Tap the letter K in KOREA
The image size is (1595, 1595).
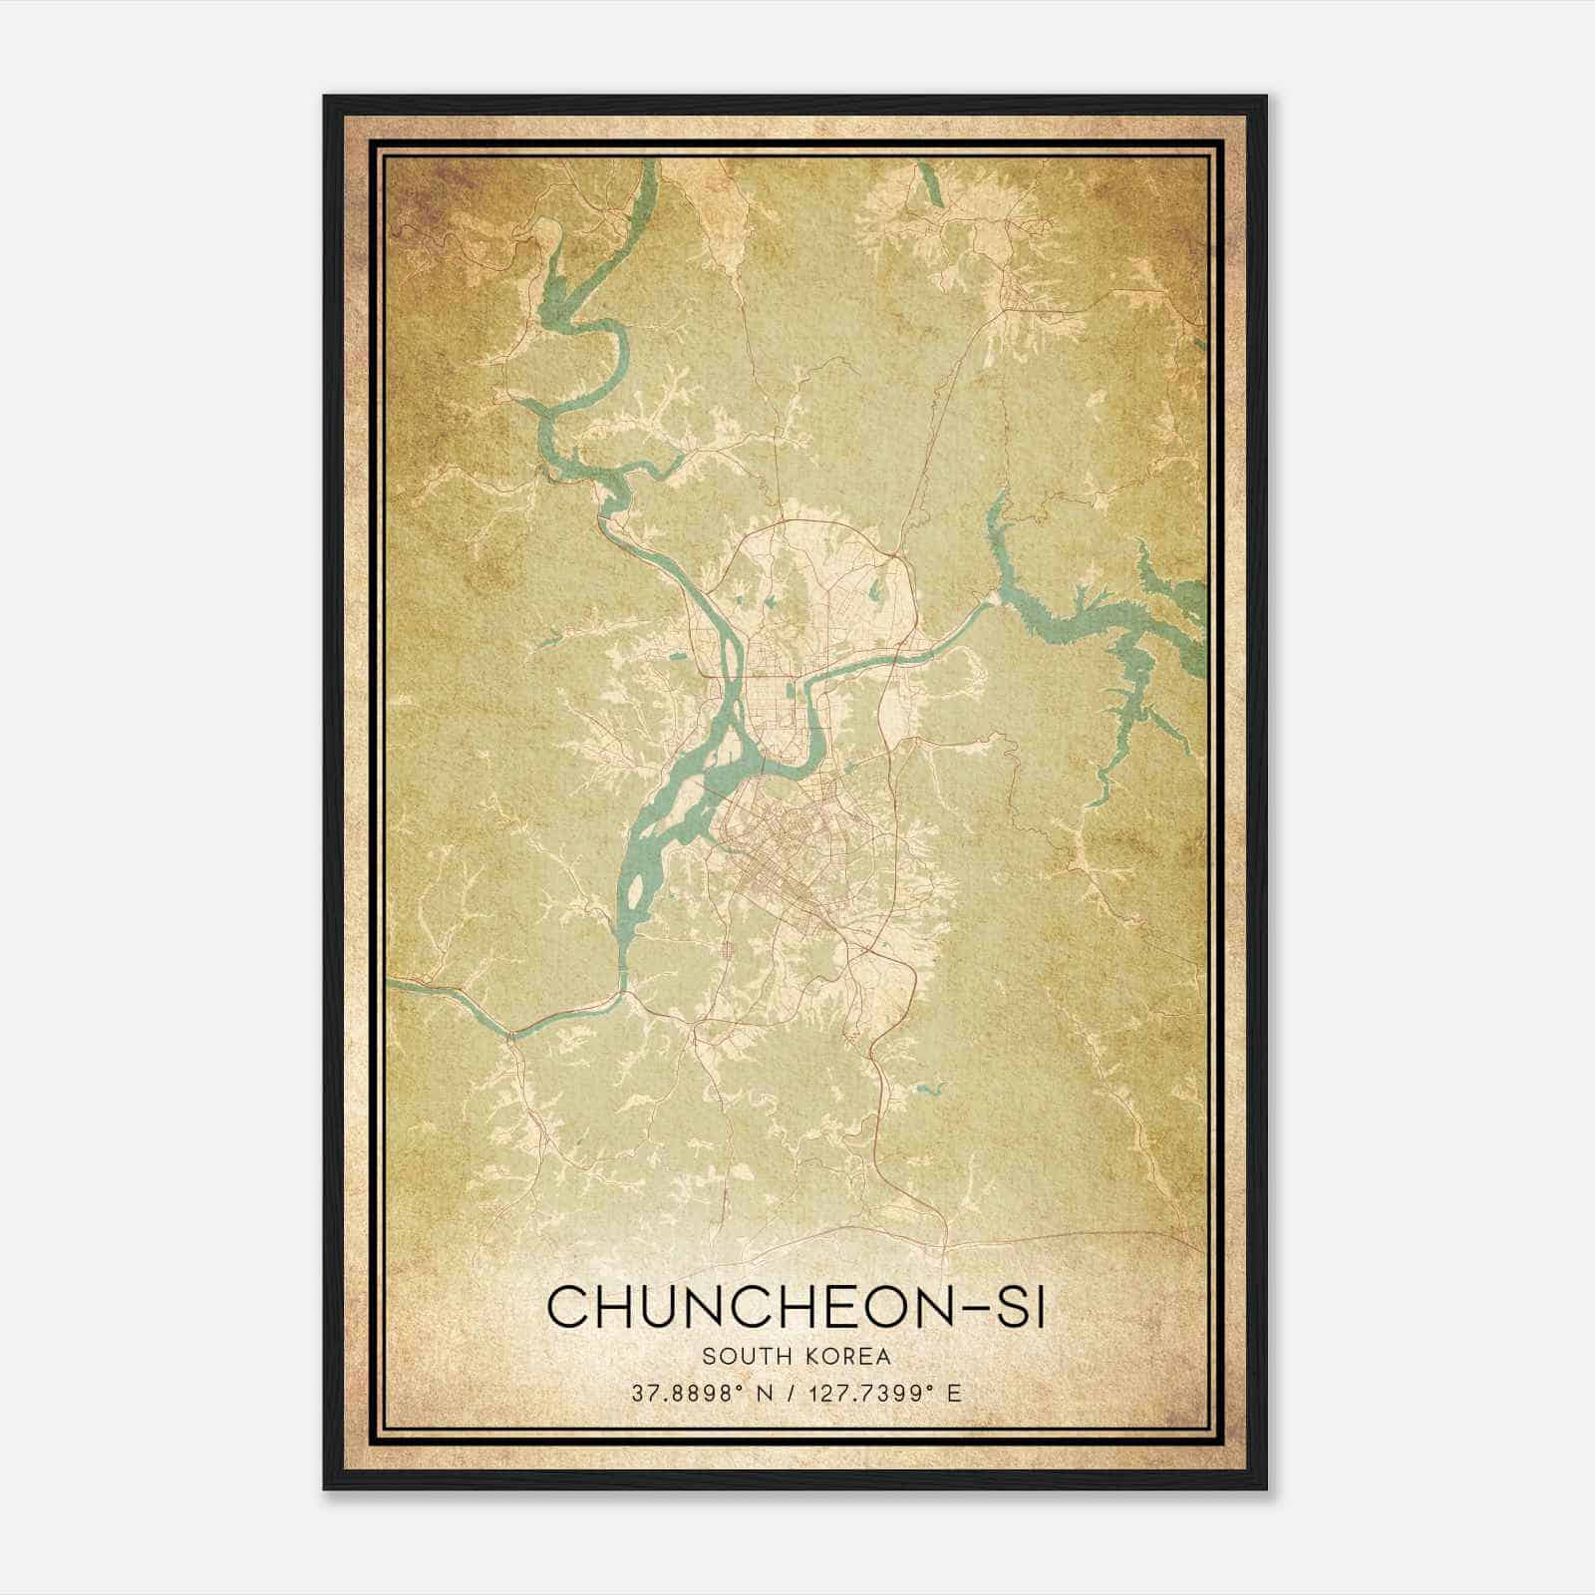pos(808,1356)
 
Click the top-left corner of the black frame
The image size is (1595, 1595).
pos(326,98)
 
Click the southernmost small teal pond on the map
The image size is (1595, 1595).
pos(931,1090)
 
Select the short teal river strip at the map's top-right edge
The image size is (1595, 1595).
pos(931,184)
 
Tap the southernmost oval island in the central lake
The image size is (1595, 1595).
pos(633,883)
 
